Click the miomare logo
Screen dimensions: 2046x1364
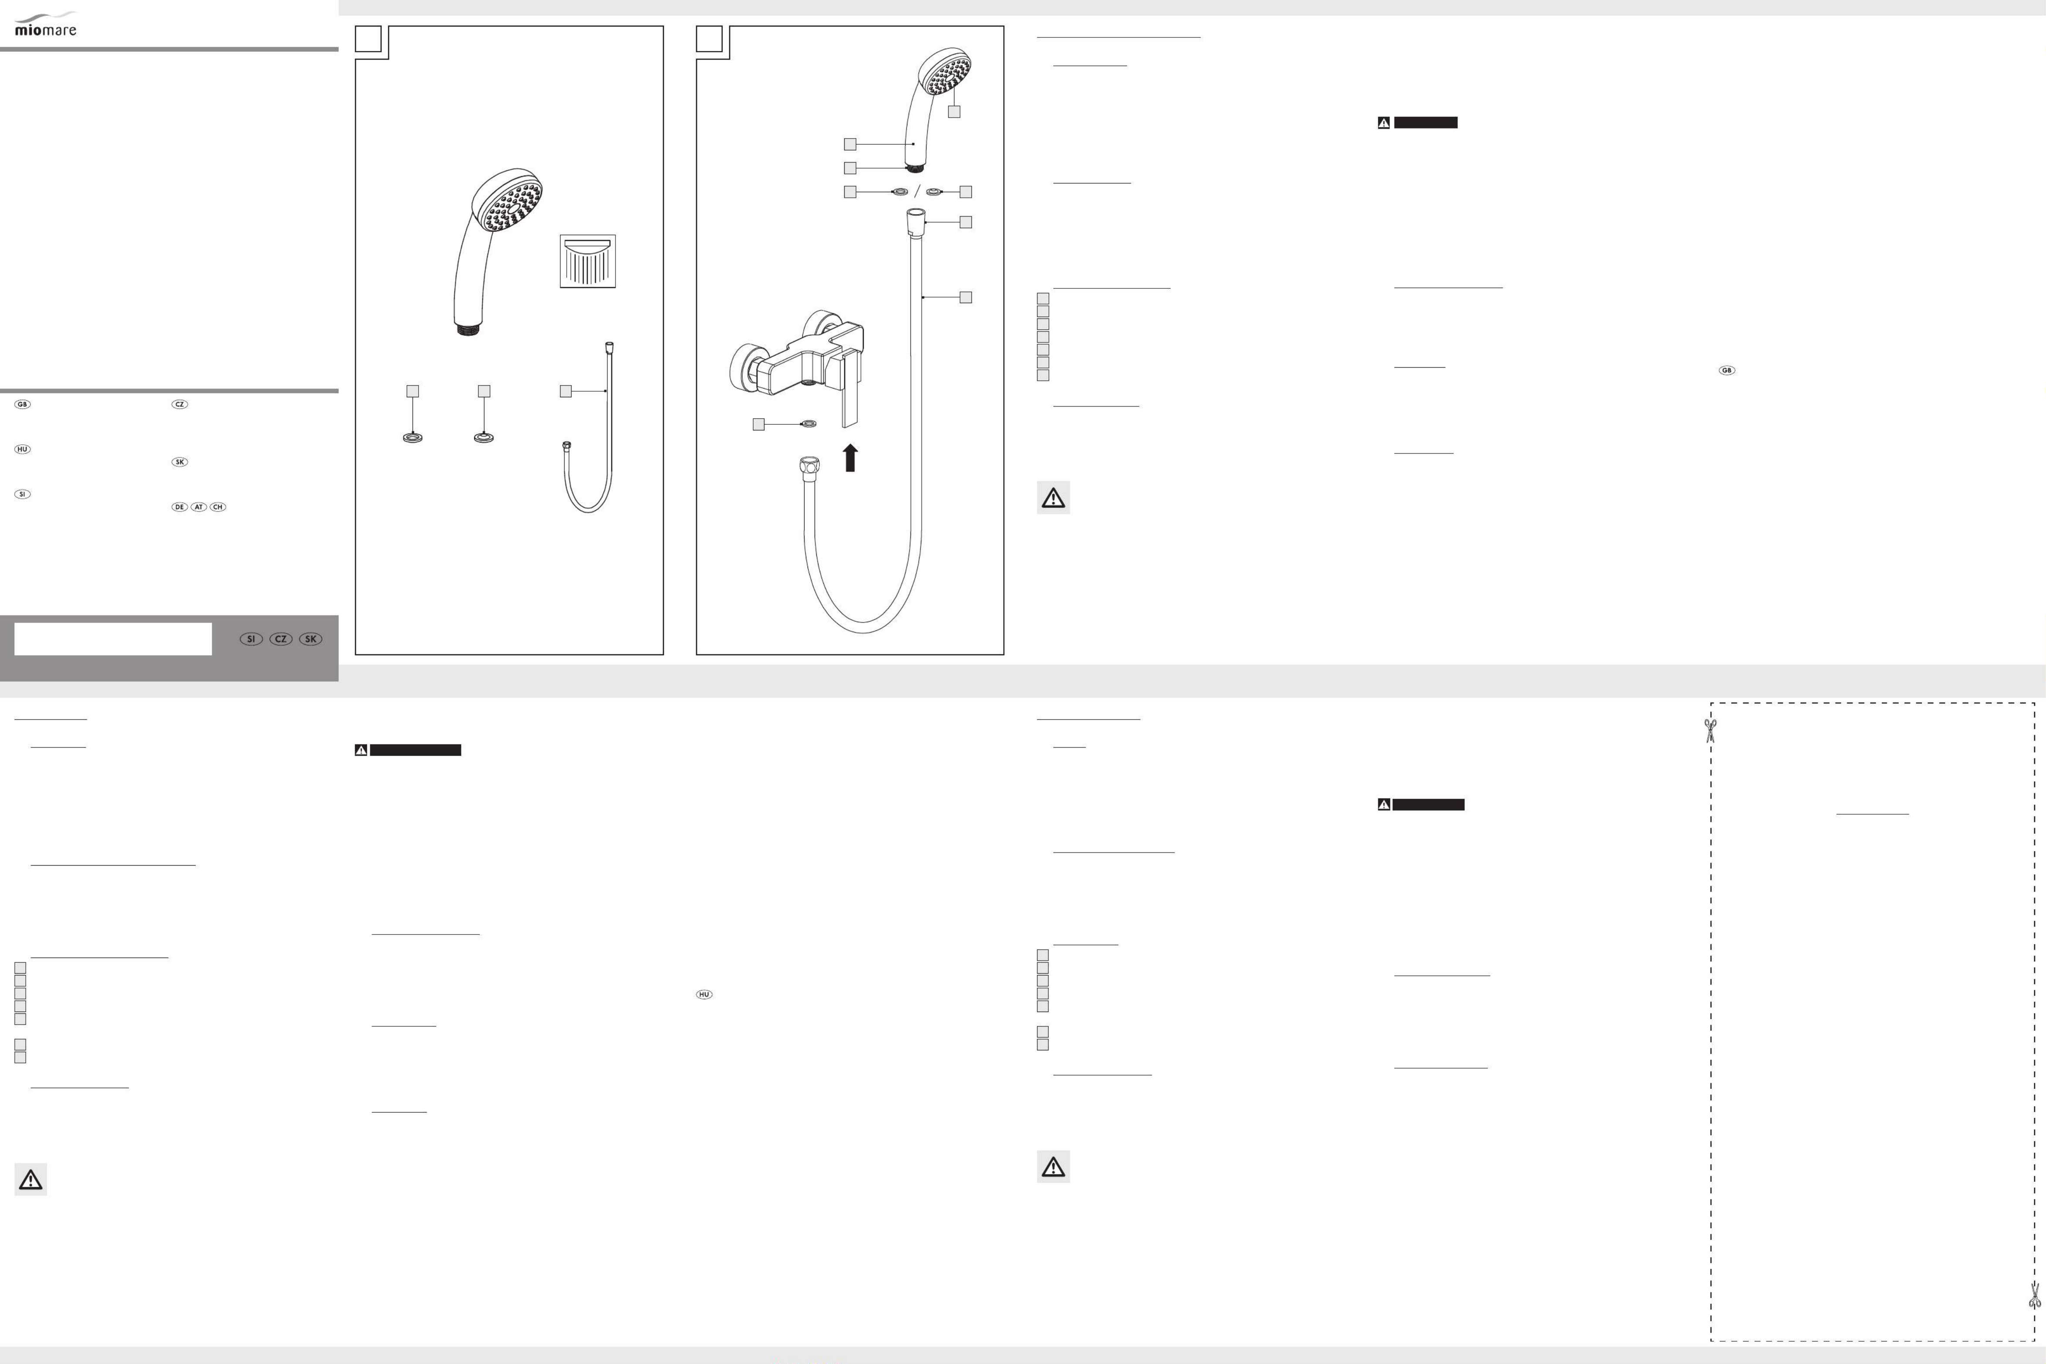coord(45,24)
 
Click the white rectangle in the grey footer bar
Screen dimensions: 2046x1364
coord(113,639)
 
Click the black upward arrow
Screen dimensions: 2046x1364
coord(850,457)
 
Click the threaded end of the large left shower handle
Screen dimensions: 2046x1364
coord(468,329)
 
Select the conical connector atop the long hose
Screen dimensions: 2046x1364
coord(916,222)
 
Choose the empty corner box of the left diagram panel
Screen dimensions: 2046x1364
coord(368,39)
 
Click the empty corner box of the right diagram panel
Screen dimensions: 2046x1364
coord(709,39)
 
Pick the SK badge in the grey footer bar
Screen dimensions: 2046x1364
coord(311,639)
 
